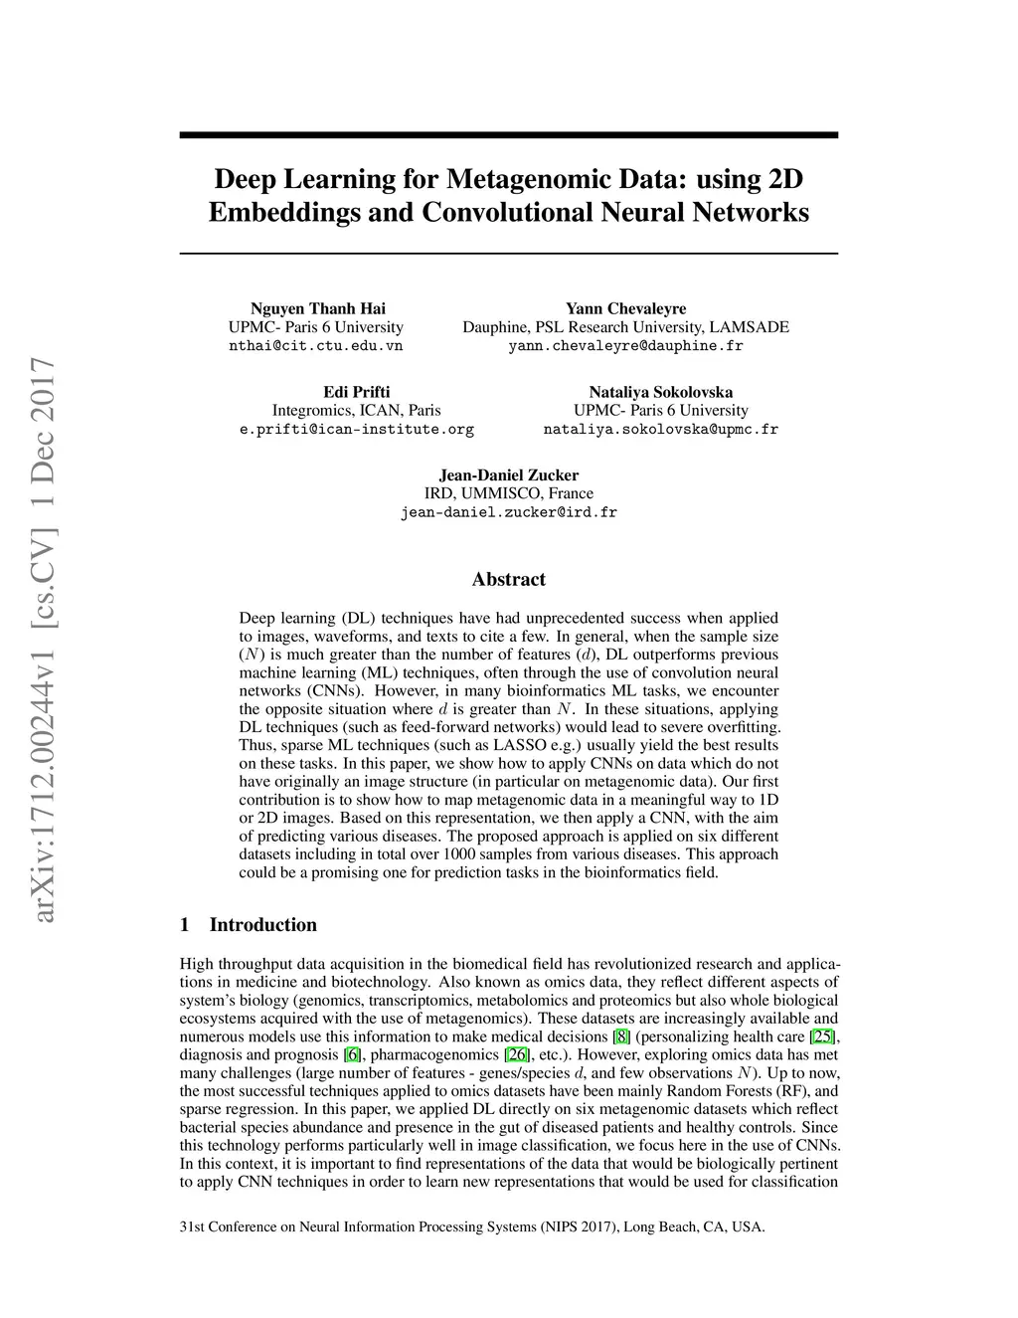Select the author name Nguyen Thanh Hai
(317, 308)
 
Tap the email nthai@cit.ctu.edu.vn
(316, 346)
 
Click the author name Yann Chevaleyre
(625, 308)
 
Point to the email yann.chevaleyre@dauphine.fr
(625, 346)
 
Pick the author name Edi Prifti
(356, 392)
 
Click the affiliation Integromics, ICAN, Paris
(356, 410)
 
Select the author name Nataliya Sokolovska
(660, 392)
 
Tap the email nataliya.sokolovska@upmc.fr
(660, 430)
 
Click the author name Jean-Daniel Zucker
(508, 474)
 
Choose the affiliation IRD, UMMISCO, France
(508, 493)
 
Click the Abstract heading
(508, 579)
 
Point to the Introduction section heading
(262, 924)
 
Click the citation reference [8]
(621, 1036)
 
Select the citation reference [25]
(822, 1036)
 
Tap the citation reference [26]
(518, 1054)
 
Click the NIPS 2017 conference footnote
(472, 1226)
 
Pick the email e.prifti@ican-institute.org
(356, 430)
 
